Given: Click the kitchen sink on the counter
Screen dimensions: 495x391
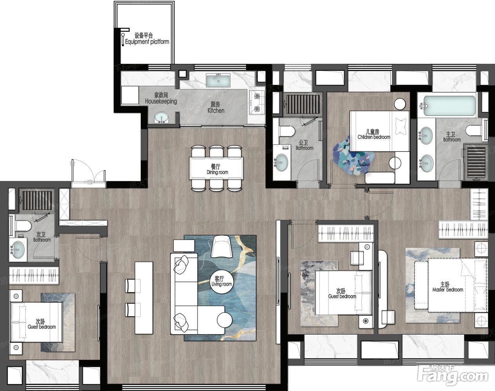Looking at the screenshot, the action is pyautogui.click(x=218, y=81).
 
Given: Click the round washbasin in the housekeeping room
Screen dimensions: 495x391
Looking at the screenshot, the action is pyautogui.click(x=161, y=118).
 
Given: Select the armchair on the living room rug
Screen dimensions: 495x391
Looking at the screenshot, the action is pyautogui.click(x=221, y=247).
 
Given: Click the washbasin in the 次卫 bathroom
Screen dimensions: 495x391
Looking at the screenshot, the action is pyautogui.click(x=18, y=250).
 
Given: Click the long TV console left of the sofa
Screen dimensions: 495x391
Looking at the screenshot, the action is pyautogui.click(x=144, y=298).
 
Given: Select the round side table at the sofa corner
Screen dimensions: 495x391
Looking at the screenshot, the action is pyautogui.click(x=225, y=320).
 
